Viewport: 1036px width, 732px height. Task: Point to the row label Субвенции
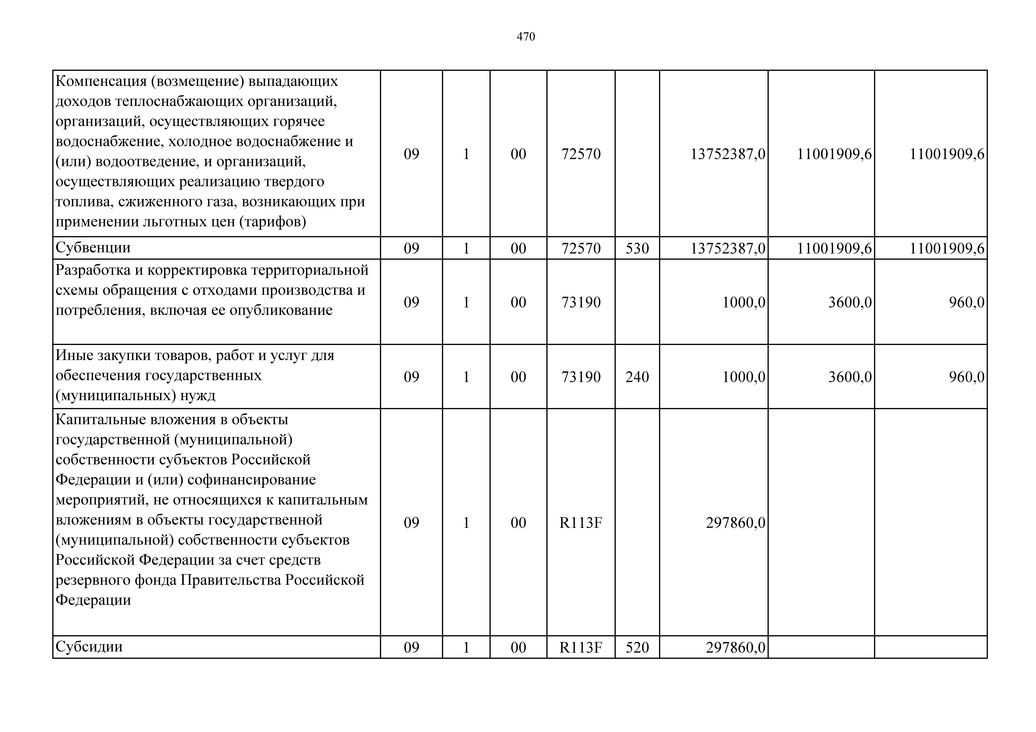point(93,248)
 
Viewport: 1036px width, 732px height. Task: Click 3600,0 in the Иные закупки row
point(850,377)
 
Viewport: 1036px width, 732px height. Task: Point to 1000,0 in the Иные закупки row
point(744,377)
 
